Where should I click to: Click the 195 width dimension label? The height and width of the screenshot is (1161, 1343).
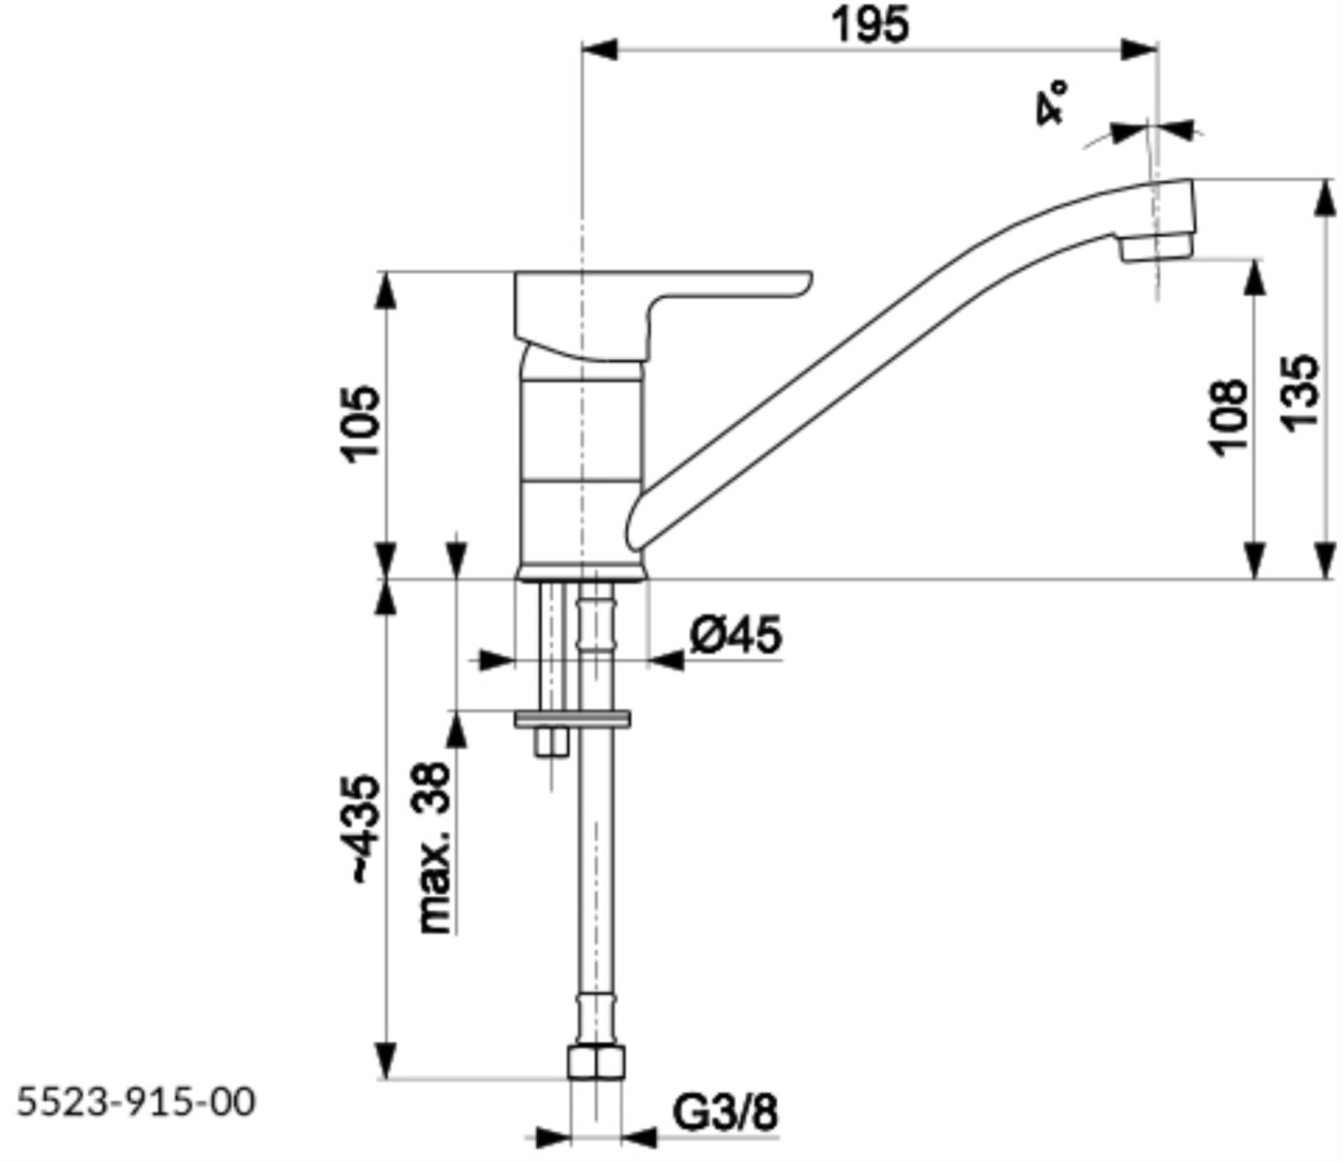871,25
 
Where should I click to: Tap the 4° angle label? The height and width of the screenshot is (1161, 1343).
1050,102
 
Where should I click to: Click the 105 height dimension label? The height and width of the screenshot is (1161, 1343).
361,425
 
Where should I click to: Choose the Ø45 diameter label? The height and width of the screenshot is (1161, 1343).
735,635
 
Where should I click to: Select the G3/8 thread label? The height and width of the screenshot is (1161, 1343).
725,1113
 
